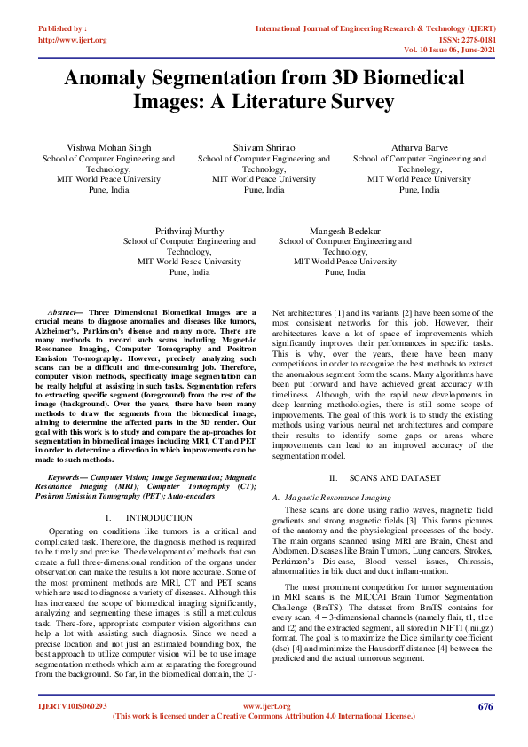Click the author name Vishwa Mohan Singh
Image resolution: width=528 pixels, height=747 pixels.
coord(108,147)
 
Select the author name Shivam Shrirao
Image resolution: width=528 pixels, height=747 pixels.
coord(264,147)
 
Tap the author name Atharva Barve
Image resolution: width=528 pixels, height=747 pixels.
coord(419,147)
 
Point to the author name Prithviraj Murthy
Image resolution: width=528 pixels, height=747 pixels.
coord(189,230)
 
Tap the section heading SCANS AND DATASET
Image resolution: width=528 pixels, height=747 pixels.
coord(395,477)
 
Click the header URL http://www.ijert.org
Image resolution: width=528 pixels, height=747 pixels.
coord(73,40)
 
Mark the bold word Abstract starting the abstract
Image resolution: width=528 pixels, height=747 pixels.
coord(64,314)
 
